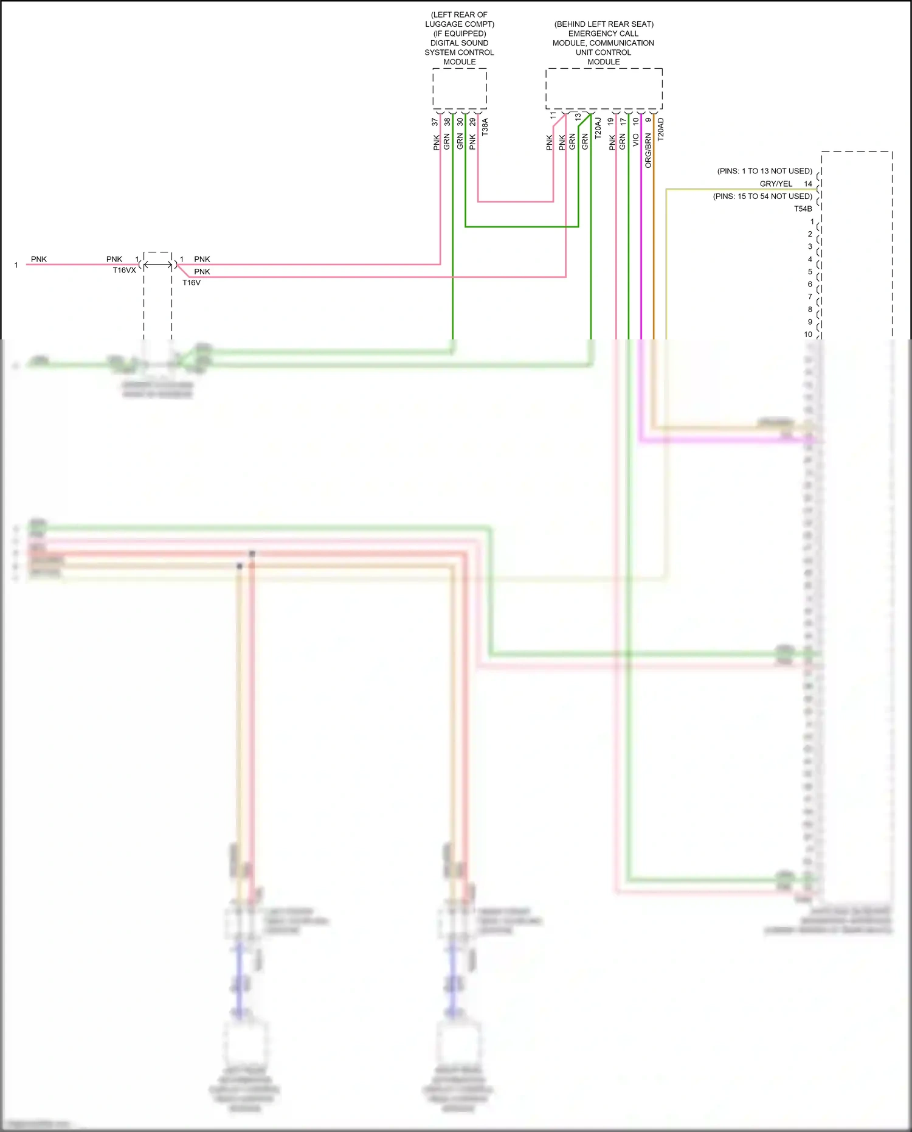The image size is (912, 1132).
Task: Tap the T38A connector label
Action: coord(485,127)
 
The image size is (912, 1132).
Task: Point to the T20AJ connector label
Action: coord(598,128)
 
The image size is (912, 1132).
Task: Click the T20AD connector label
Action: coord(661,130)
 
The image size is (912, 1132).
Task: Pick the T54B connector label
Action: coord(803,209)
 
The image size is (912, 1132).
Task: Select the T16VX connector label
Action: coord(124,270)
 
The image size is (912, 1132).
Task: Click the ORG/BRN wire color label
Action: coord(648,151)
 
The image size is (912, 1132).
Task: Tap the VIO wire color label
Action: coord(635,141)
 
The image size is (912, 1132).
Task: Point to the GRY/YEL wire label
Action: coord(776,184)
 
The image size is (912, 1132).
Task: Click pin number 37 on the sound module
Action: coord(435,122)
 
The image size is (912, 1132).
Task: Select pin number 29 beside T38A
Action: coord(472,122)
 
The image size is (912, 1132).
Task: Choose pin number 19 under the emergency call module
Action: coord(610,122)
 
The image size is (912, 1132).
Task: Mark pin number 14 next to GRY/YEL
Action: coord(808,184)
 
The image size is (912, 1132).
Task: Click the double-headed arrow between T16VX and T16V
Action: coord(157,265)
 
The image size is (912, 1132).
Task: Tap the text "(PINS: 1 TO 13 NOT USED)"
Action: coord(764,171)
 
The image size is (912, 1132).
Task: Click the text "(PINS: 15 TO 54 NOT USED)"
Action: coord(762,196)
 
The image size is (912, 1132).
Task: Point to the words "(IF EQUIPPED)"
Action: coord(460,33)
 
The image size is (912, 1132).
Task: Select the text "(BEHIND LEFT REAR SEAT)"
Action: coord(604,24)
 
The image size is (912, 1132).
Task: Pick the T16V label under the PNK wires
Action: coord(192,282)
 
